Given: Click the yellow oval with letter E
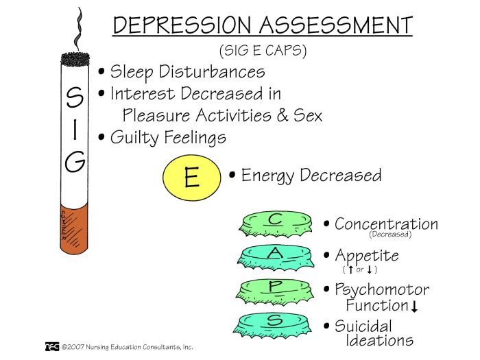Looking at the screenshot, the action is (191, 178).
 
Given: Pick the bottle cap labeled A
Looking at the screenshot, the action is (275, 256).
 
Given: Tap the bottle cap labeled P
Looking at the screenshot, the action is (275, 288).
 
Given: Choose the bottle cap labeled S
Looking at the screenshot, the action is (275, 321).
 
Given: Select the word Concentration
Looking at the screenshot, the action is (386, 224).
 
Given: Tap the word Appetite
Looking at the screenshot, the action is (367, 256).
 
